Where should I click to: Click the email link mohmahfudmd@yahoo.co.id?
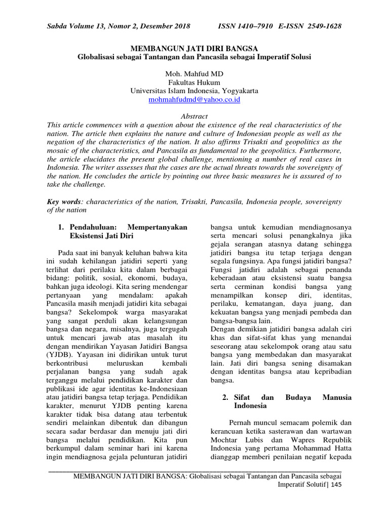coord(194,100)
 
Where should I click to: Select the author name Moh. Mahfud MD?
coord(194,74)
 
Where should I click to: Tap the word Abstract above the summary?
coord(194,116)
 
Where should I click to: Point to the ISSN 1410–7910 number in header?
coord(243,25)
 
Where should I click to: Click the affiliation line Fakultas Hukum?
coord(194,83)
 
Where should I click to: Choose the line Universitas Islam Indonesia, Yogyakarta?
coord(194,91)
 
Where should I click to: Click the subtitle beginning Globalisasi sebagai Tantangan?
coord(194,57)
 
